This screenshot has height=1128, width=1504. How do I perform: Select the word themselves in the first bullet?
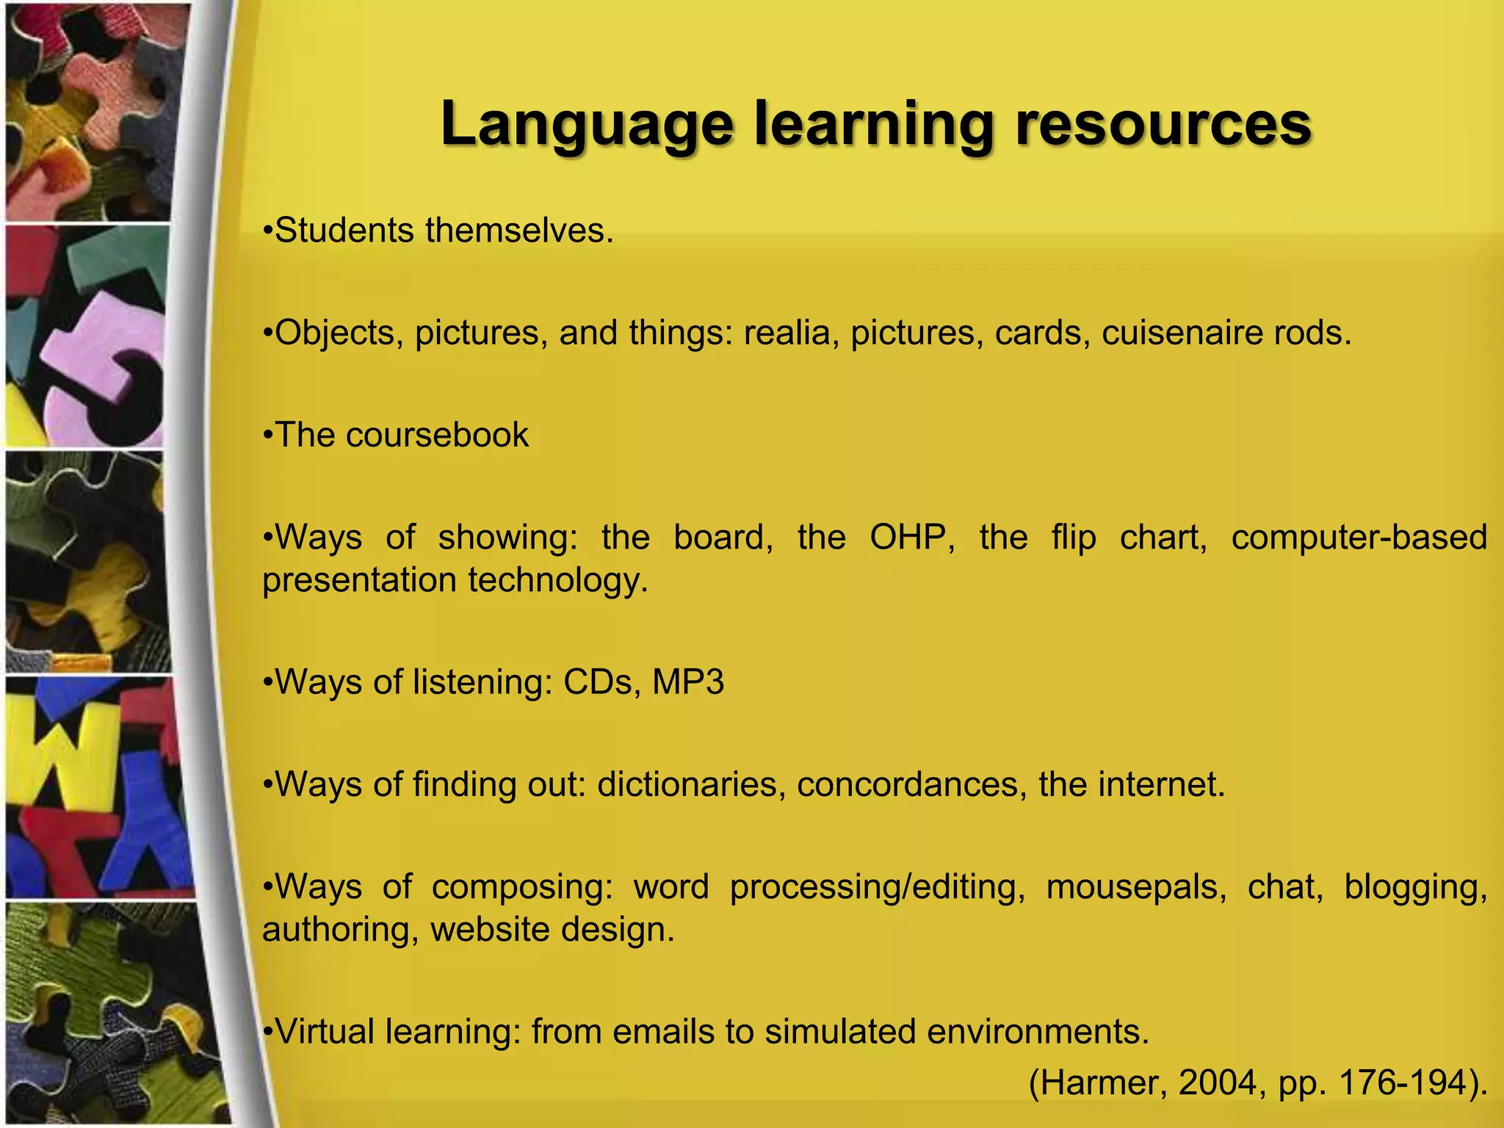(x=518, y=231)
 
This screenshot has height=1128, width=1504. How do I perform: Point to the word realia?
(x=792, y=333)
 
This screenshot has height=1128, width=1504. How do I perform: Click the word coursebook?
(x=437, y=435)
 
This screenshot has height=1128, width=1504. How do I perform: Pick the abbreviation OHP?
(x=912, y=538)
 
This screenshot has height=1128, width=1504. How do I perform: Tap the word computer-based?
(x=1359, y=538)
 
